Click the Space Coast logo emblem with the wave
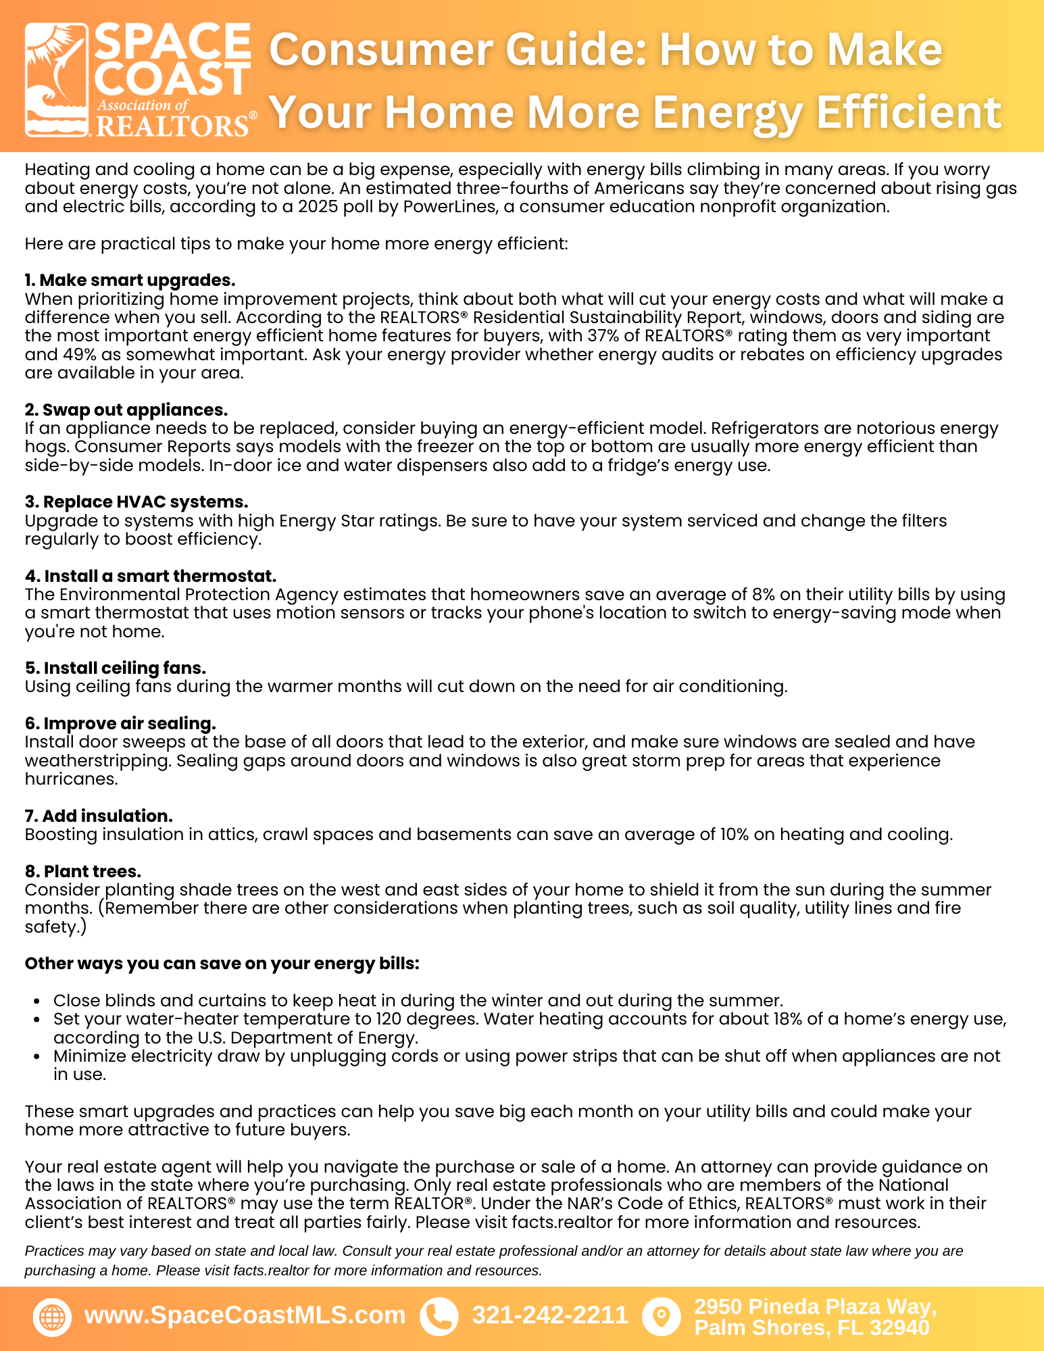[x=57, y=80]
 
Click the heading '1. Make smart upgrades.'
[x=130, y=280]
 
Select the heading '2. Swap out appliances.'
[x=126, y=410]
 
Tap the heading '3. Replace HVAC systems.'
[x=136, y=502]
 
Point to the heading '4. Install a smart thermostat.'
[x=151, y=576]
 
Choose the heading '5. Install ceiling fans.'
[x=116, y=668]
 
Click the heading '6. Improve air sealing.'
[x=120, y=724]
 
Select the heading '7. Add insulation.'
[x=99, y=816]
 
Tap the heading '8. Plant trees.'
[x=83, y=872]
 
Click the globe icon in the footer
[x=52, y=1317]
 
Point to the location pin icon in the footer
[x=661, y=1317]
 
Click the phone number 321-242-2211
[x=550, y=1315]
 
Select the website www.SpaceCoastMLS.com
[x=245, y=1315]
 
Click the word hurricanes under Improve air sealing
[x=71, y=779]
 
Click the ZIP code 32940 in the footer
[x=900, y=1328]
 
